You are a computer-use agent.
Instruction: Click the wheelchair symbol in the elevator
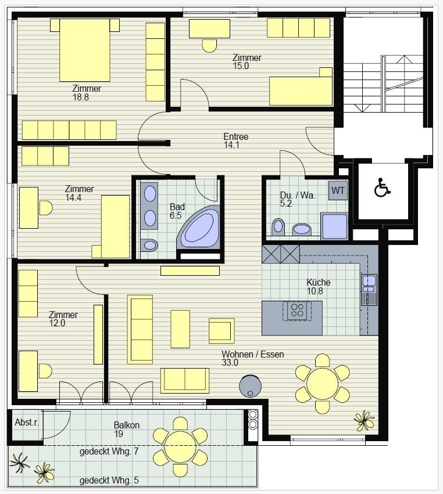click(x=382, y=187)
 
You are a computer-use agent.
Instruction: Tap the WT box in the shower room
click(x=338, y=190)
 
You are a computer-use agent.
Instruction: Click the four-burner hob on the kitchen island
click(x=297, y=310)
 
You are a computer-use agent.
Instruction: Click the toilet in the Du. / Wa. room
click(x=278, y=227)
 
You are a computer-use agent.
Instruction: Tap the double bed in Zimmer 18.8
click(x=84, y=50)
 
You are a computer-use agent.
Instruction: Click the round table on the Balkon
click(x=180, y=446)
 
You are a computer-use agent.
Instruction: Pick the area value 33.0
click(x=230, y=363)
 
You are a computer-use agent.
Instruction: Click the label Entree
click(x=235, y=137)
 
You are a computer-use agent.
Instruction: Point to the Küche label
click(x=319, y=282)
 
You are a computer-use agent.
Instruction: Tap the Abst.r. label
click(x=27, y=423)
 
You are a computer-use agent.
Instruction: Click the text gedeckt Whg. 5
click(x=109, y=481)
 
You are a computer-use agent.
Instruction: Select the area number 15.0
click(x=241, y=66)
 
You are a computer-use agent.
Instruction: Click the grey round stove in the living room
click(x=250, y=386)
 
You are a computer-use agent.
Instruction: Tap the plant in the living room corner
click(x=365, y=420)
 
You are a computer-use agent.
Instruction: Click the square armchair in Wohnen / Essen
click(x=222, y=331)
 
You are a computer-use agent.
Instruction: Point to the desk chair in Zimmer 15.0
click(x=209, y=46)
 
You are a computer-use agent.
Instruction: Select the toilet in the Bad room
click(x=149, y=245)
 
